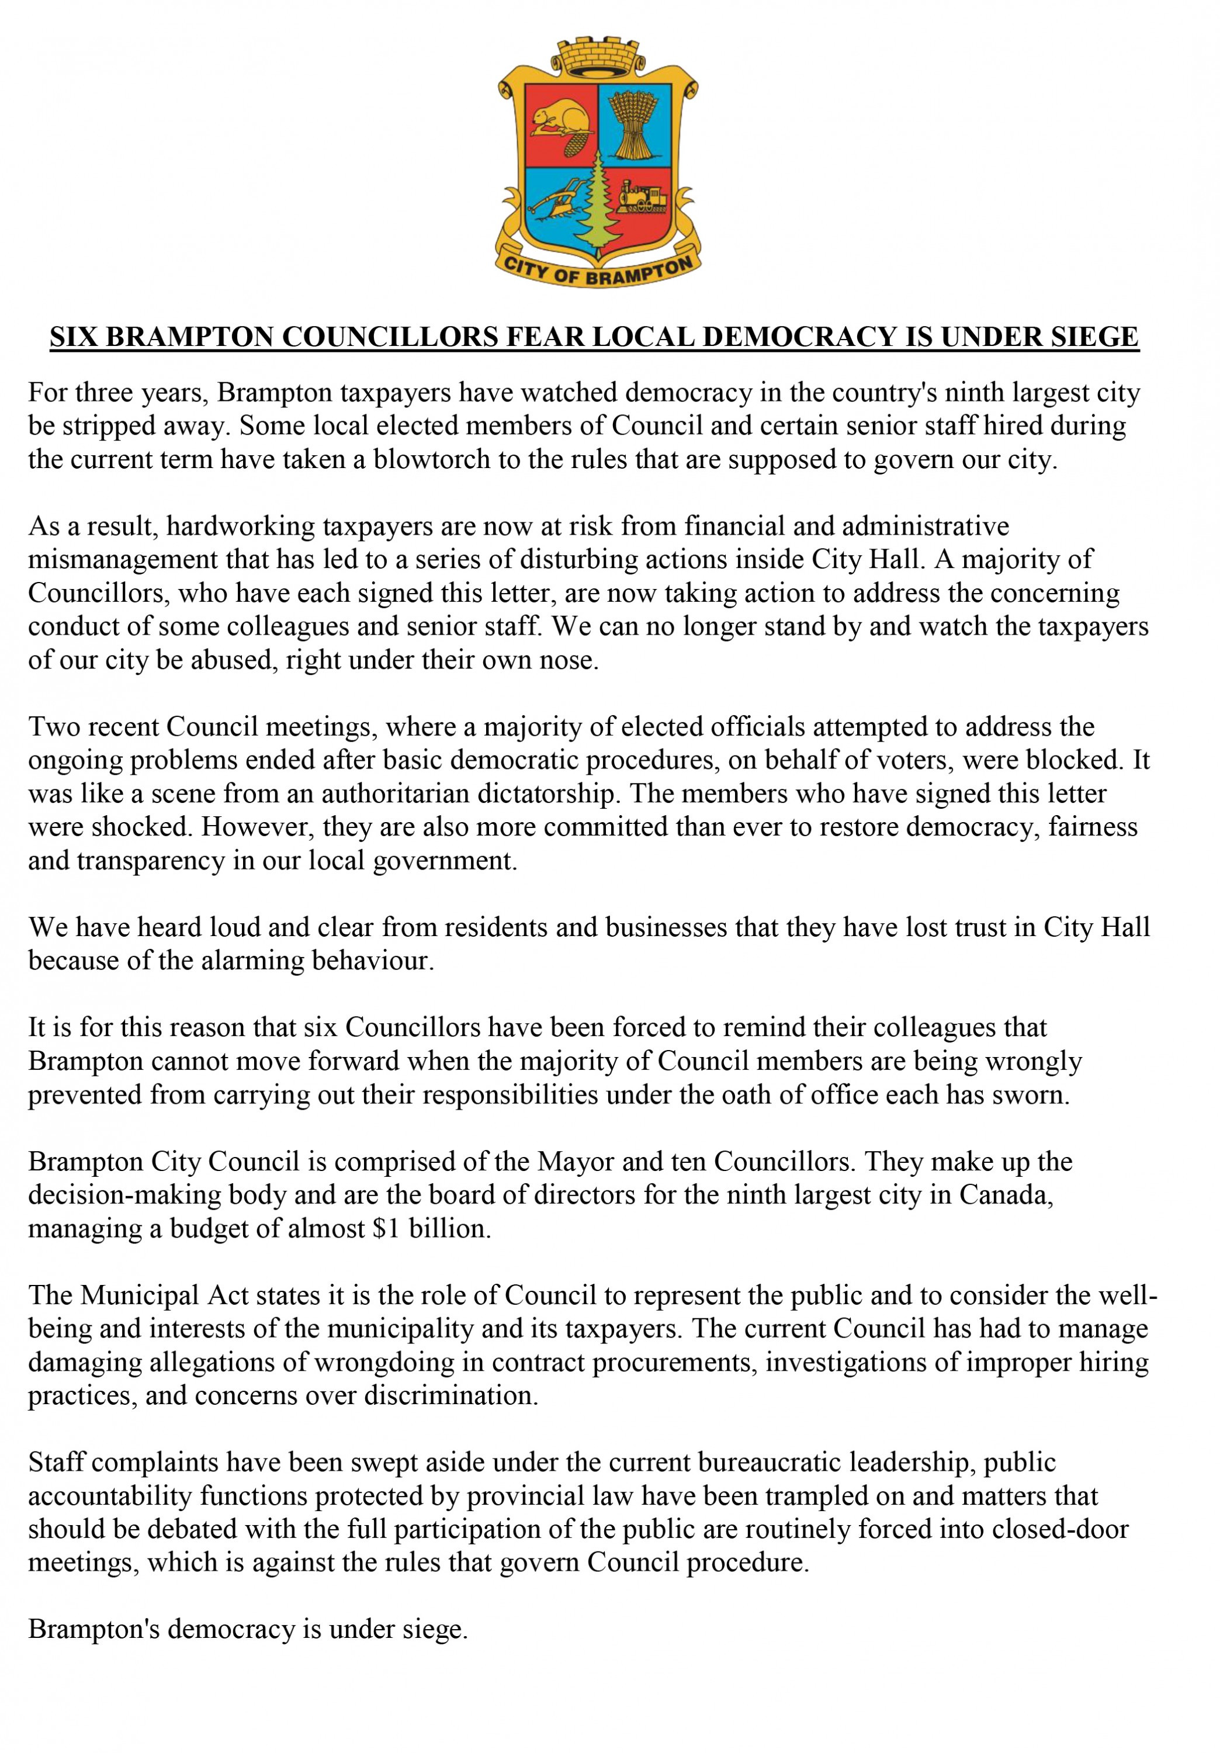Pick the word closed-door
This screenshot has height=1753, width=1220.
pyautogui.click(x=1065, y=1529)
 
